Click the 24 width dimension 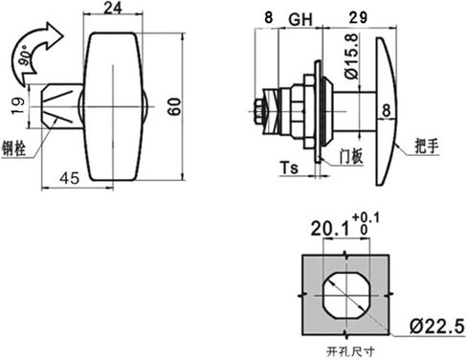pos(113,8)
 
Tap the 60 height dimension pos(174,106)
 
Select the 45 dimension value pos(69,178)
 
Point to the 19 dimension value pos(17,106)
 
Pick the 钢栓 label pos(13,148)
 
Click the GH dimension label pos(300,19)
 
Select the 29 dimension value pos(358,17)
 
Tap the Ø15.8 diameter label pos(352,56)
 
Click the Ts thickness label pos(289,168)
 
